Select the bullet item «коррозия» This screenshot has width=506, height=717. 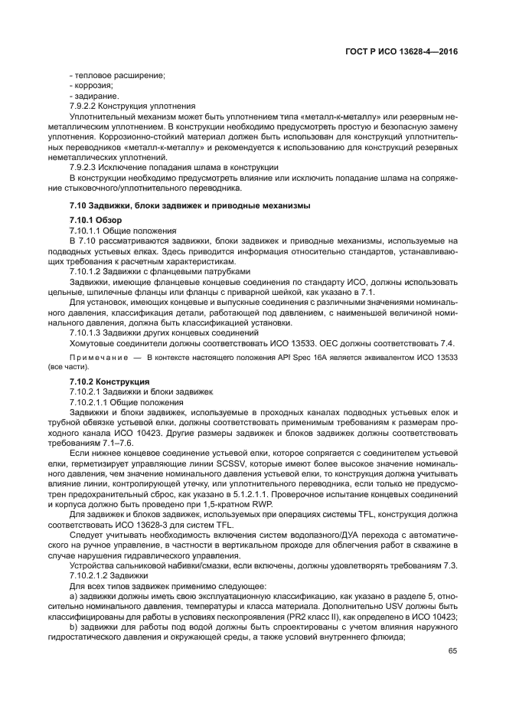coord(93,86)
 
